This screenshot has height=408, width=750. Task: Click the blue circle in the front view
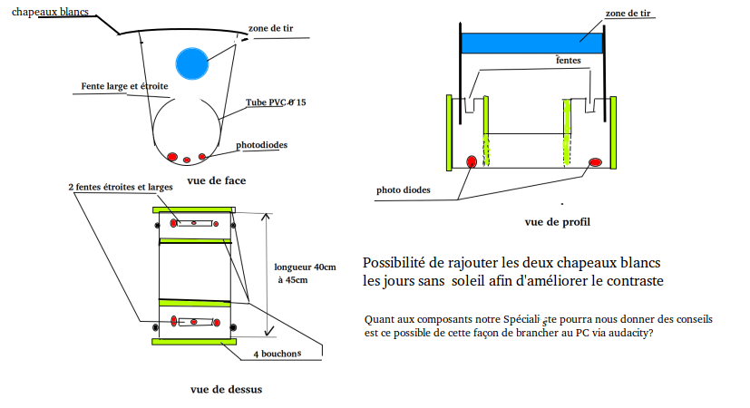192,63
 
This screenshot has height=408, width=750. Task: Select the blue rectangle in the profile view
532,43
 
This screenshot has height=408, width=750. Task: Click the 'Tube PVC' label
276,103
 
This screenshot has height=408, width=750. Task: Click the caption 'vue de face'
217,180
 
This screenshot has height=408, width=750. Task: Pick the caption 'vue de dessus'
227,390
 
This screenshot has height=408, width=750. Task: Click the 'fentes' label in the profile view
569,60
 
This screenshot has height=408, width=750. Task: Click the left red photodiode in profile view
472,161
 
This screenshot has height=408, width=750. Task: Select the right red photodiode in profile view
596,161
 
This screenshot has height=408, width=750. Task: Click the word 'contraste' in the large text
637,281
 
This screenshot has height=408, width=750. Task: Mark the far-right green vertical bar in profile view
614,133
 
